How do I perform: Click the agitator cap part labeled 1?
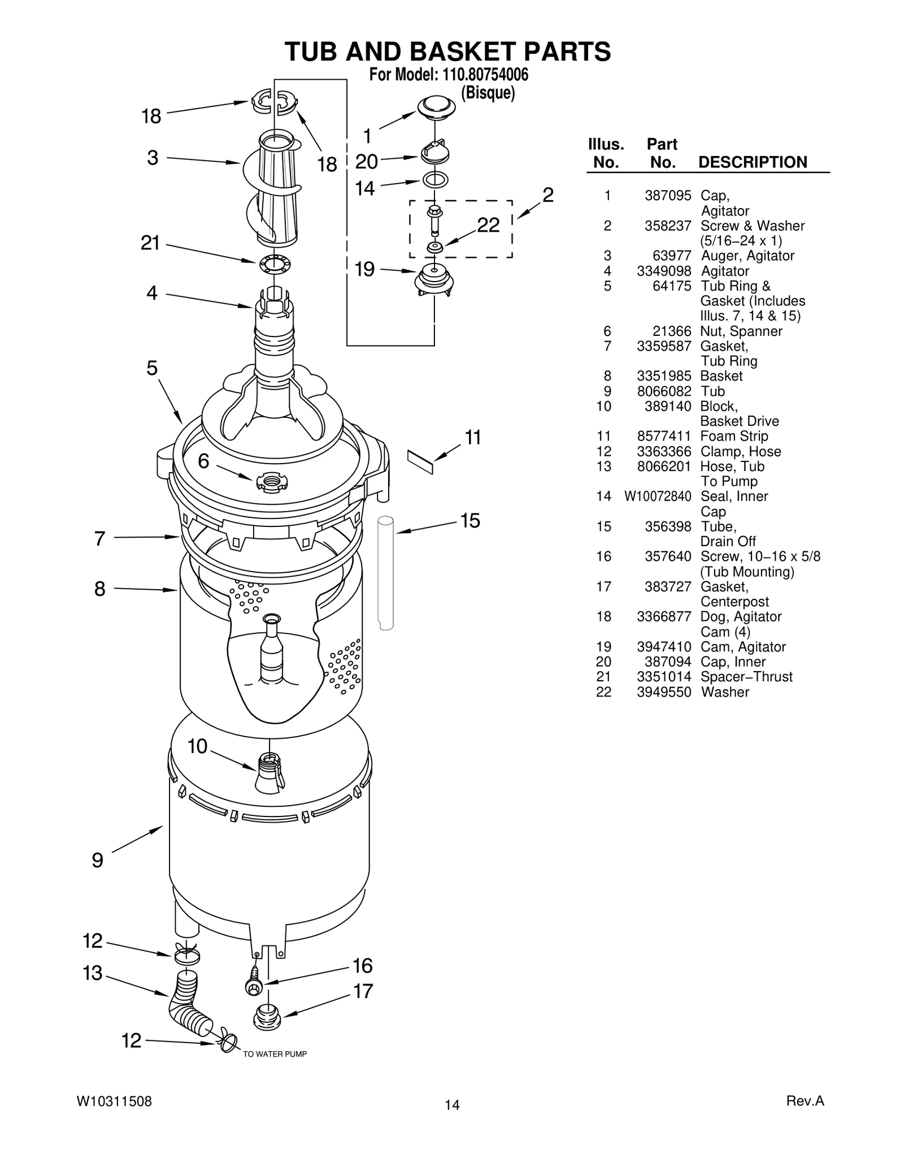click(x=436, y=107)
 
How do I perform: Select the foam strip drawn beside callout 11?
click(x=420, y=462)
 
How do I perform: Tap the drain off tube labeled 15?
click(x=386, y=571)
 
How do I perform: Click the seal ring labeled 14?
click(x=436, y=180)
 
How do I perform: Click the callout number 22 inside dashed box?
click(x=488, y=225)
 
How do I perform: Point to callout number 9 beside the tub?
click(x=97, y=861)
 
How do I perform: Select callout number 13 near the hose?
click(x=92, y=973)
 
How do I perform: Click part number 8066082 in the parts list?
click(x=663, y=391)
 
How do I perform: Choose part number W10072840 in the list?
click(x=658, y=496)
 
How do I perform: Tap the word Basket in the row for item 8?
click(x=721, y=376)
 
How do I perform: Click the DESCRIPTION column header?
click(x=753, y=162)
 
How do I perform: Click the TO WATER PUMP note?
click(x=275, y=1054)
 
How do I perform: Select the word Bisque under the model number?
click(x=488, y=93)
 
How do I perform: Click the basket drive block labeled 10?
click(x=270, y=771)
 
